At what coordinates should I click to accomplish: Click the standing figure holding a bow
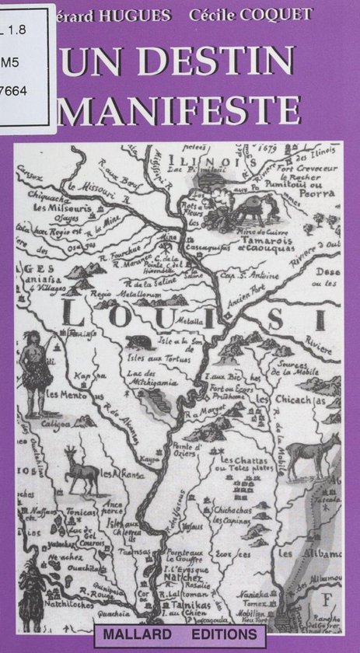[33, 369]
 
